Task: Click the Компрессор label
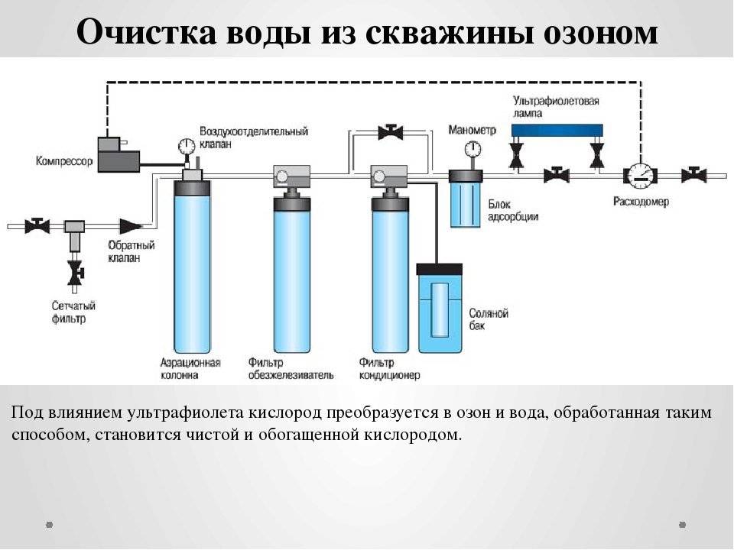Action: [64, 161]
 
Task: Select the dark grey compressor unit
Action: [119, 155]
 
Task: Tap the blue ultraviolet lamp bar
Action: [557, 130]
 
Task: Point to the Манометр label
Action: [472, 130]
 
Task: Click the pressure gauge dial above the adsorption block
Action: [473, 149]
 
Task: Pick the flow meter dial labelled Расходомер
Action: [640, 176]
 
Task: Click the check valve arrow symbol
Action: [131, 226]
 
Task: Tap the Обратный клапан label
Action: [131, 251]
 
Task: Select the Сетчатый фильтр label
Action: [73, 312]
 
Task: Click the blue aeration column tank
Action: [192, 267]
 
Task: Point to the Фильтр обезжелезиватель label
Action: [291, 368]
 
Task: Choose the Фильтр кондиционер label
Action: [389, 368]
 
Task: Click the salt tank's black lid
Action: [440, 269]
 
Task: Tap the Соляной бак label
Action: [489, 319]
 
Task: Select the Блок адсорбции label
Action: [513, 211]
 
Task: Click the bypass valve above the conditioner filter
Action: [391, 132]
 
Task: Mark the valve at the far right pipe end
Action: [693, 176]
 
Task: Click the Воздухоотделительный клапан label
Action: [254, 137]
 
